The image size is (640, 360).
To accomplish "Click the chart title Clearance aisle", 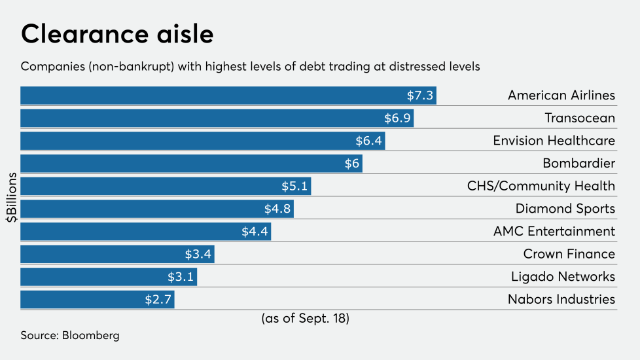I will coord(117,34).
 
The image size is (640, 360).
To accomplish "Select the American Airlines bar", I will coord(228,96).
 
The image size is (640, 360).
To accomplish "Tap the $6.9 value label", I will coord(397,118).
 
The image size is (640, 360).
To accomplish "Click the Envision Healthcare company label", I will coord(554,141).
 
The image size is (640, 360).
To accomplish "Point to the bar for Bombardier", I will coord(191,164).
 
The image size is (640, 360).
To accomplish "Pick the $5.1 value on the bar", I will coord(294,187).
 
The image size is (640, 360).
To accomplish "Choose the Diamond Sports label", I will coord(565,209).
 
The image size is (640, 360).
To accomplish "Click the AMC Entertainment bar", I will coord(145,232).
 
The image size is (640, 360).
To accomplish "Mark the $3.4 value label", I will coord(198,255).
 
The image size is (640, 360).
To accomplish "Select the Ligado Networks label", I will coord(563,277).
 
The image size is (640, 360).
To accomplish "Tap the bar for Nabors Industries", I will coord(97,300).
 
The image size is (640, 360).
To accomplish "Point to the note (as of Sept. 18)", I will coord(305,319).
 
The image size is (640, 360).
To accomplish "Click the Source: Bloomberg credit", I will coord(70,336).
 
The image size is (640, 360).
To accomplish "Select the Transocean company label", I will coord(580,118).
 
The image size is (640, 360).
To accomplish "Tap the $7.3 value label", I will coord(419,96).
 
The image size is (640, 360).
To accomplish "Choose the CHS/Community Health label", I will coord(541,187).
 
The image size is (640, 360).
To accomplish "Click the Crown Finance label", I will coord(569,255).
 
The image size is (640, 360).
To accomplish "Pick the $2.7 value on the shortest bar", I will coord(158,300).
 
